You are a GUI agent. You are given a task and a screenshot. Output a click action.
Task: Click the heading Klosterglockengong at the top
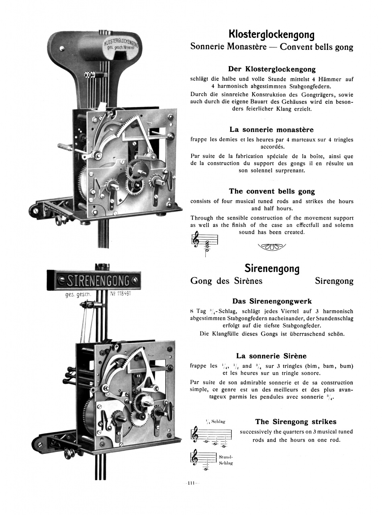(272, 34)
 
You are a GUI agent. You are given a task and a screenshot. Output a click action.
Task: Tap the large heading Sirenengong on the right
(272, 268)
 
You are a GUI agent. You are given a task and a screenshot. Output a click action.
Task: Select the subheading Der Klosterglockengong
(272, 69)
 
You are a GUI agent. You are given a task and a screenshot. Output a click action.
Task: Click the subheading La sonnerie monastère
(272, 130)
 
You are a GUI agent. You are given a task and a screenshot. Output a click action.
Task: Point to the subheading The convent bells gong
(272, 191)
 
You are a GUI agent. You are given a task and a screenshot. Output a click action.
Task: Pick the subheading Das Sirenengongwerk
(272, 301)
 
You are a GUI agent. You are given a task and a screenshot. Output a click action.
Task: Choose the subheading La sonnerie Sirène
(272, 356)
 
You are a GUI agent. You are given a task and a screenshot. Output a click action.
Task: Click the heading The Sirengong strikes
(296, 422)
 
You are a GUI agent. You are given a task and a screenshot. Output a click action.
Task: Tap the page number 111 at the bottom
(192, 483)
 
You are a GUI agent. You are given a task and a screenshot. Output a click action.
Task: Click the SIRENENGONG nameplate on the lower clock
(98, 280)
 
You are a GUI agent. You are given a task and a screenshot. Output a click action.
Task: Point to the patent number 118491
(121, 293)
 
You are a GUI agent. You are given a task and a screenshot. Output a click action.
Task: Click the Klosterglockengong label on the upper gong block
(121, 45)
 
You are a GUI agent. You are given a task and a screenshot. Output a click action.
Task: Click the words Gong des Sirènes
(226, 281)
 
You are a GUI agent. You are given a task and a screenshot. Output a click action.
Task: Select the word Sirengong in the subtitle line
(334, 281)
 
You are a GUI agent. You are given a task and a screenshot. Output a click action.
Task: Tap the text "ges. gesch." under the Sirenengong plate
(78, 295)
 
